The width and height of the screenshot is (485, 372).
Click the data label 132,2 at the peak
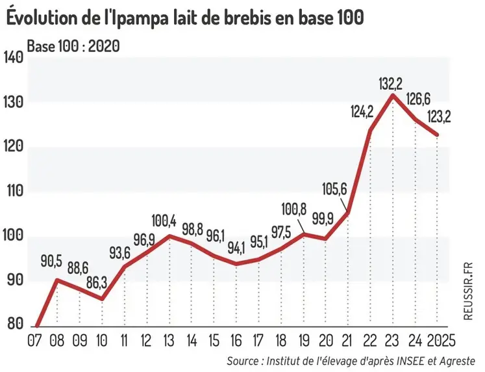click(x=393, y=83)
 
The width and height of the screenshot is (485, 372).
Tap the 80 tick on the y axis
click(x=14, y=325)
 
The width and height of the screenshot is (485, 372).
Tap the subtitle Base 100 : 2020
click(x=72, y=46)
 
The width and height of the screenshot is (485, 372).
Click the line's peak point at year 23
click(x=393, y=95)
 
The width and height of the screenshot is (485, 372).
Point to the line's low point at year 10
click(x=103, y=299)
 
